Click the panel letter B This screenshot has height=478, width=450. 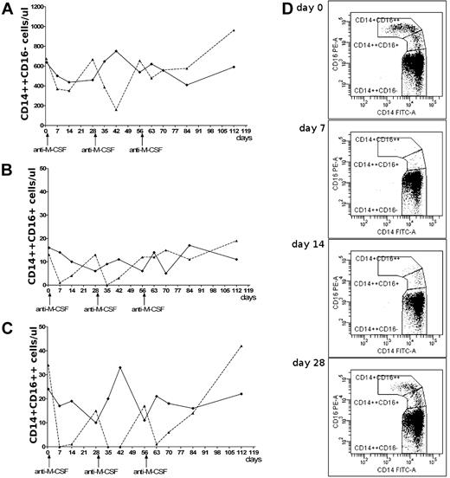(7, 168)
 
